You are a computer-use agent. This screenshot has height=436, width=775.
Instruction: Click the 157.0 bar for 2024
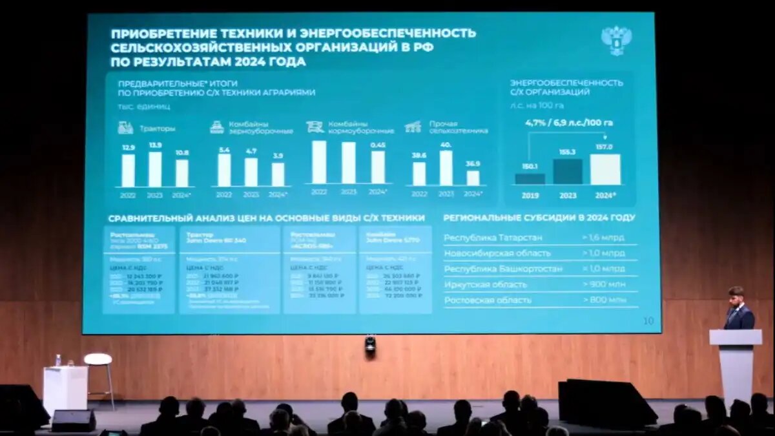[x=604, y=169]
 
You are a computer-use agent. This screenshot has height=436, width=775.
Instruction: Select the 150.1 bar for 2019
[x=530, y=178]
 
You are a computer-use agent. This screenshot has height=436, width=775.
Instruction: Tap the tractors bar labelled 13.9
[x=155, y=169]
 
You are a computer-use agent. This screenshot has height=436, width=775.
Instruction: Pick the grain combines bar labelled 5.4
[x=224, y=170]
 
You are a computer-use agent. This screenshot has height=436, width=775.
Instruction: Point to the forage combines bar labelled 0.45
[x=378, y=167]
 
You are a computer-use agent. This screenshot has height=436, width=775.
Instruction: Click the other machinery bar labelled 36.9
[x=473, y=178]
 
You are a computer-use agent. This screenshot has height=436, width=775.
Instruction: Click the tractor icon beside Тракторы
[x=125, y=128]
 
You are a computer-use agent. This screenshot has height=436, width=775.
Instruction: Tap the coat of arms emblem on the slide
[x=616, y=40]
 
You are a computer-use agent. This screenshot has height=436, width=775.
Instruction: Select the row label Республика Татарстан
[x=493, y=238]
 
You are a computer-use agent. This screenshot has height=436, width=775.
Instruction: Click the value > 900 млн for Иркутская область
[x=603, y=284]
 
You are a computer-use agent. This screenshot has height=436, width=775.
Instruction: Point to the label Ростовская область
[x=488, y=300]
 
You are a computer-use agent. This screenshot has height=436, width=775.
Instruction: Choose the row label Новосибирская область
[x=497, y=253]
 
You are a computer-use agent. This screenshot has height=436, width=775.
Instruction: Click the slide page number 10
[x=648, y=321]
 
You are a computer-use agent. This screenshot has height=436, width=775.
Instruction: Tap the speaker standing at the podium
[x=738, y=310]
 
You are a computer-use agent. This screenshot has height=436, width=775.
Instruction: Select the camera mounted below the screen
[x=370, y=344]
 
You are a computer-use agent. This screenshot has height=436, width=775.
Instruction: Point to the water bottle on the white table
[x=58, y=360]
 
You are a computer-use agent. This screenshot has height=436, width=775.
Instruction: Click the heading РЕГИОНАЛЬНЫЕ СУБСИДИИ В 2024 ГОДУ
[x=539, y=218]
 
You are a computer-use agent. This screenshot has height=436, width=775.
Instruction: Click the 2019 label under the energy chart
[x=530, y=194]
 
